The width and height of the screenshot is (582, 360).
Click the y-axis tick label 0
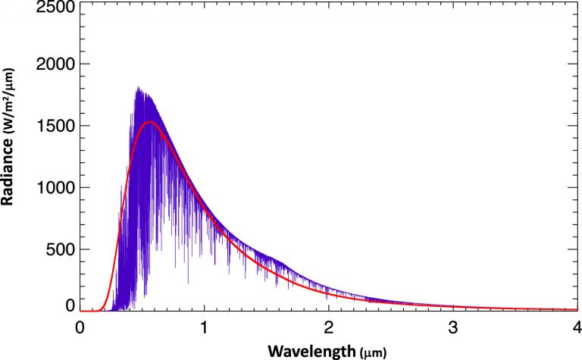click(70, 305)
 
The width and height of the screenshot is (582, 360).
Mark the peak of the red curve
click(149, 122)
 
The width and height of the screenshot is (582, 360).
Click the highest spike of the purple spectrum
click(137, 88)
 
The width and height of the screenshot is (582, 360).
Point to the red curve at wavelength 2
click(328, 296)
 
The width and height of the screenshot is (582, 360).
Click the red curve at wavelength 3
click(452, 307)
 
